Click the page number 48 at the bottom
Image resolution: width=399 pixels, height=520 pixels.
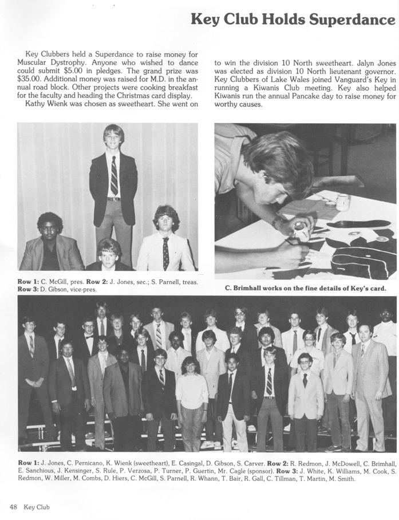click(14, 507)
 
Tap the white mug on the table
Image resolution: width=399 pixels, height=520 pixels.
click(343, 202)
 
